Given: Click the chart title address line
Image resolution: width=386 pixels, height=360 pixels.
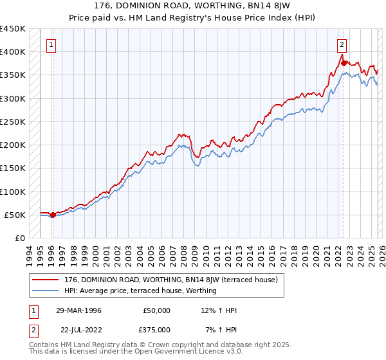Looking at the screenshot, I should [x=193, y=6].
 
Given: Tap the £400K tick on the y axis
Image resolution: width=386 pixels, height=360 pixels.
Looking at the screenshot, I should [x=13, y=52].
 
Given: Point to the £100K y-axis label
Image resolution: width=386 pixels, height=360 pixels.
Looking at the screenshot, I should [x=13, y=192].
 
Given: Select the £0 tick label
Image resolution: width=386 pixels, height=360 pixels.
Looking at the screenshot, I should [x=19, y=239].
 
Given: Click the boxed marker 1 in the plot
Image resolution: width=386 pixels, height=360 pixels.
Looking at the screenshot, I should [x=51, y=45].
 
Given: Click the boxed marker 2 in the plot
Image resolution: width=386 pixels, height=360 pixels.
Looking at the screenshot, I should [x=342, y=45].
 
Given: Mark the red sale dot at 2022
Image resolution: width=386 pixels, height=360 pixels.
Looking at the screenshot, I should [x=344, y=63].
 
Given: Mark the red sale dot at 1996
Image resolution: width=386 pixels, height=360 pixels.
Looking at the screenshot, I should [x=53, y=215].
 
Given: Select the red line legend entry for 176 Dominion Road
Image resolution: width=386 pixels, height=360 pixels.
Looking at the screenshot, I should [x=170, y=280].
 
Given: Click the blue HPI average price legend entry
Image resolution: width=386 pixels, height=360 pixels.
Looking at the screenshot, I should [x=140, y=291].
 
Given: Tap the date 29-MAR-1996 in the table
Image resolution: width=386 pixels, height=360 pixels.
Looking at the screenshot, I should [x=78, y=310].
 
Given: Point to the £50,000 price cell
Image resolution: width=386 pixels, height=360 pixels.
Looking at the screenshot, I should [x=156, y=310].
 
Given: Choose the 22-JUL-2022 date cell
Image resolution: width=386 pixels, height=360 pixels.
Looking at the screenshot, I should [x=78, y=329].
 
